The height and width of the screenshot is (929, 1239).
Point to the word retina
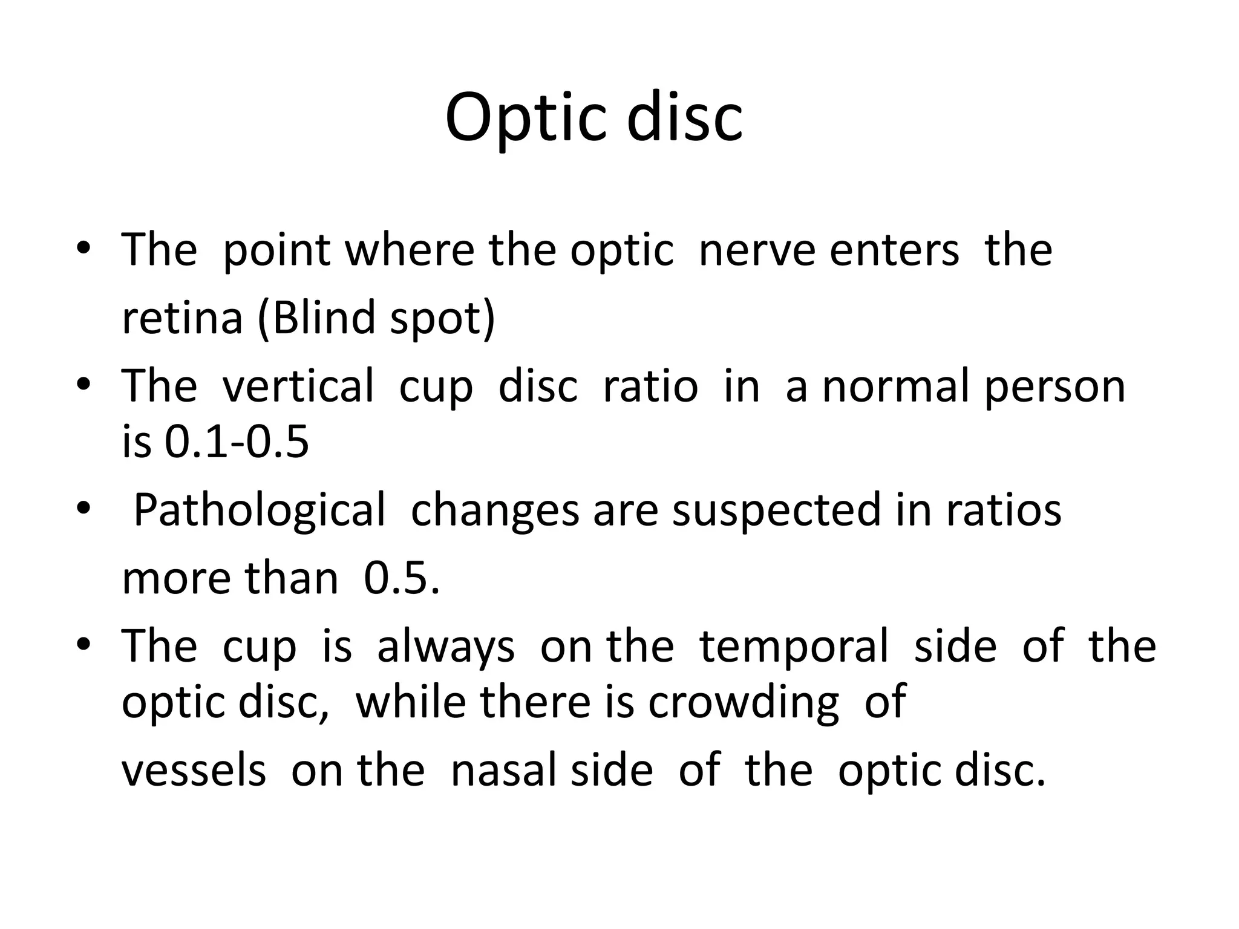[182, 318]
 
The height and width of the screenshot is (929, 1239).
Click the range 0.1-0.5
[237, 442]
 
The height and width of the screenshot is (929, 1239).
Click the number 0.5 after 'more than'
[401, 579]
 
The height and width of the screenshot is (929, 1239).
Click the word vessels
[194, 771]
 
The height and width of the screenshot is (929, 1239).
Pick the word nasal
[504, 771]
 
